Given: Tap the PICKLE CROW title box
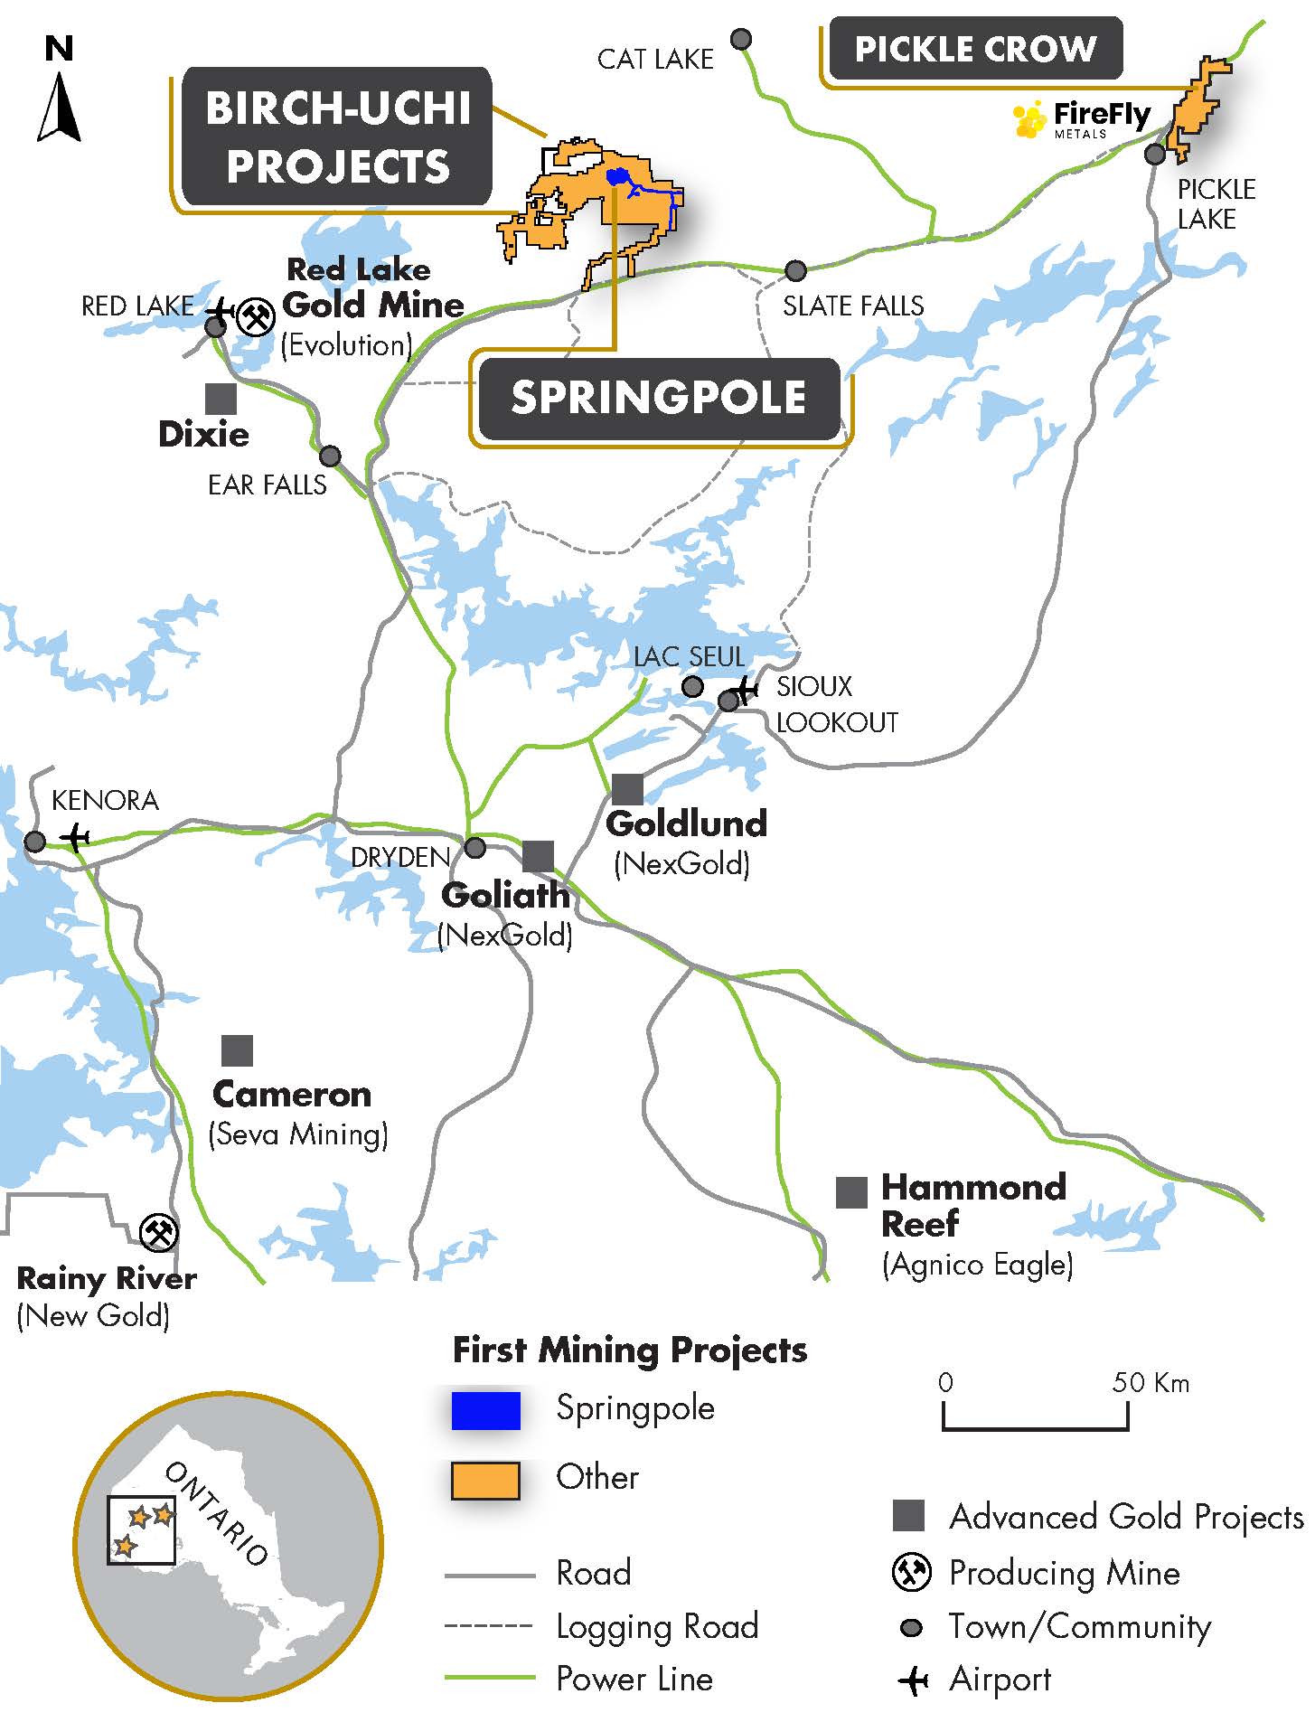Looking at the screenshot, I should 975,49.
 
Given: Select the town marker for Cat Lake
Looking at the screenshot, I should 741,39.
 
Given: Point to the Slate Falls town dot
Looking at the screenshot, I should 795,270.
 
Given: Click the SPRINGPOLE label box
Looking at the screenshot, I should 659,398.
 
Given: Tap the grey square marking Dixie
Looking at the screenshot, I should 221,399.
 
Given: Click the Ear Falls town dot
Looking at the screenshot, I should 331,456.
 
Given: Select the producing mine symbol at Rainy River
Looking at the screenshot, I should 159,1232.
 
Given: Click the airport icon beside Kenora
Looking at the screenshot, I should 76,836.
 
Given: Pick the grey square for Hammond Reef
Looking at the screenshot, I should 851,1192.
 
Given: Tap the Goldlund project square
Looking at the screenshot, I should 627,789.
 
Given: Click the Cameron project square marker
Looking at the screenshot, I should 237,1050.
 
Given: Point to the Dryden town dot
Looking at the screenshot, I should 475,848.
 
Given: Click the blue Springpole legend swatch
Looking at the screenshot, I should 486,1411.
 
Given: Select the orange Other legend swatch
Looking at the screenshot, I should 486,1481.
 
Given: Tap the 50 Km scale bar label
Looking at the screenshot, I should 1151,1382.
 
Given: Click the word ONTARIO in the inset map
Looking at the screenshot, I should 217,1514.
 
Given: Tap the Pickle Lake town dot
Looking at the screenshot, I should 1155,155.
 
